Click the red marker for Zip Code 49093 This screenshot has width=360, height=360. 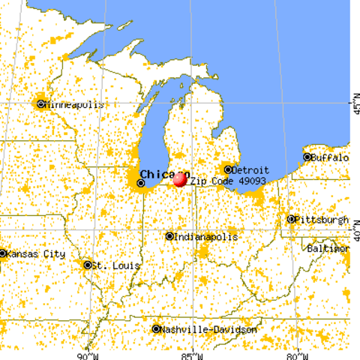point(180,179)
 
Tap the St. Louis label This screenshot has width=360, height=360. point(112,265)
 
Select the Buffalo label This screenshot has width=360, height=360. point(331,158)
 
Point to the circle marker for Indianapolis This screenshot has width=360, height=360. point(169,237)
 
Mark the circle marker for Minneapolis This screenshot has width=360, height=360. point(40,104)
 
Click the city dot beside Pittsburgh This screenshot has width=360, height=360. point(291,220)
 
